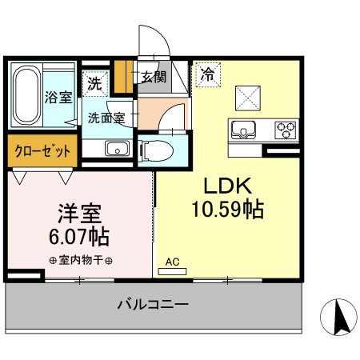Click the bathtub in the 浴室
click(x=26, y=95)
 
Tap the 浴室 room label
click(x=58, y=97)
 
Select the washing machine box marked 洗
click(x=95, y=83)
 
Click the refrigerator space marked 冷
click(x=208, y=74)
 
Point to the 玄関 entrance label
click(x=154, y=77)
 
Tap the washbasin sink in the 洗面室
click(x=118, y=149)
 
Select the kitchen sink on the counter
click(x=243, y=130)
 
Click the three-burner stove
click(x=286, y=130)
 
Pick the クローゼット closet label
click(x=42, y=151)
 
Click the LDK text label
click(x=228, y=186)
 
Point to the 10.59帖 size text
click(x=228, y=210)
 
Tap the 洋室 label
click(x=79, y=214)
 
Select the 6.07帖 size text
click(x=79, y=237)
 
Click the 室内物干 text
click(x=81, y=260)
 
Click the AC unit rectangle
click(x=172, y=271)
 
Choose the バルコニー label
click(x=153, y=304)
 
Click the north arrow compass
click(x=338, y=317)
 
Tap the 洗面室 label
click(x=106, y=118)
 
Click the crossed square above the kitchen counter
click(x=248, y=98)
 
